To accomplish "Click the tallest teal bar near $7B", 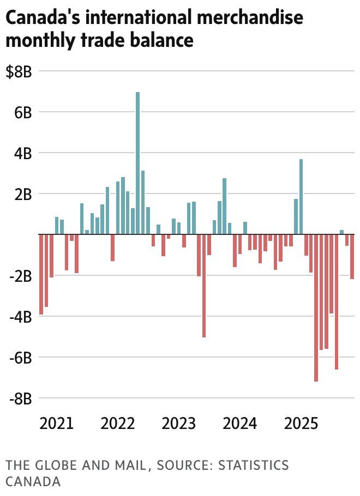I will [x=137, y=163].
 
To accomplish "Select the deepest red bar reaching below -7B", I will [x=316, y=307].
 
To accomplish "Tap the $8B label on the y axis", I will [x=19, y=71].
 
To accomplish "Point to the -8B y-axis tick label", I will [x=21, y=398].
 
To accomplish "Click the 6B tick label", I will [x=22, y=112].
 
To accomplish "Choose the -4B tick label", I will [x=21, y=317].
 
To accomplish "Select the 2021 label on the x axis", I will [x=56, y=424].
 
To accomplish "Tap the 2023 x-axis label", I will [x=179, y=424].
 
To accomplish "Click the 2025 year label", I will [x=302, y=424].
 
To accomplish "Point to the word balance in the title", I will [x=165, y=40].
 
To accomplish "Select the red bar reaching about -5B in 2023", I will [x=204, y=286].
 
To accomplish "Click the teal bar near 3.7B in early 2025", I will [x=301, y=196].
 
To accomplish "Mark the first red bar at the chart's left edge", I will [x=41, y=274].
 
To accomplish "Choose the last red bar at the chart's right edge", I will [x=352, y=256].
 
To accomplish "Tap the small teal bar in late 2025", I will [x=341, y=232].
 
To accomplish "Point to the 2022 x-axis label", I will [x=118, y=424].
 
